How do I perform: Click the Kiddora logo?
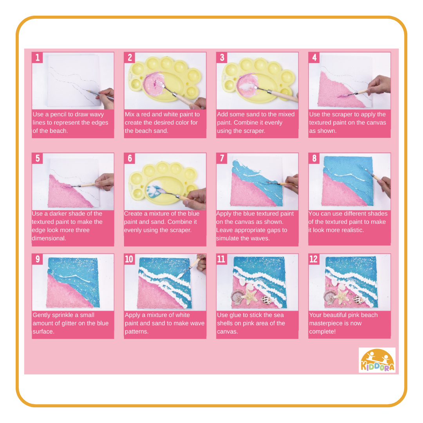pyautogui.click(x=377, y=360)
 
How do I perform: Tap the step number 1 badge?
pyautogui.click(x=37, y=58)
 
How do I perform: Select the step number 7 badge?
pyautogui.click(x=222, y=158)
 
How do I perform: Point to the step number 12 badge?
pyautogui.click(x=314, y=259)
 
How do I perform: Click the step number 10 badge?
pyautogui.click(x=129, y=259)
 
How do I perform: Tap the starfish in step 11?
pyautogui.click(x=249, y=296)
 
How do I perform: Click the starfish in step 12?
pyautogui.click(x=342, y=296)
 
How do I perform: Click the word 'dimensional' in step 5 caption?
pyautogui.click(x=48, y=239)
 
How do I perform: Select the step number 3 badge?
pyautogui.click(x=222, y=58)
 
